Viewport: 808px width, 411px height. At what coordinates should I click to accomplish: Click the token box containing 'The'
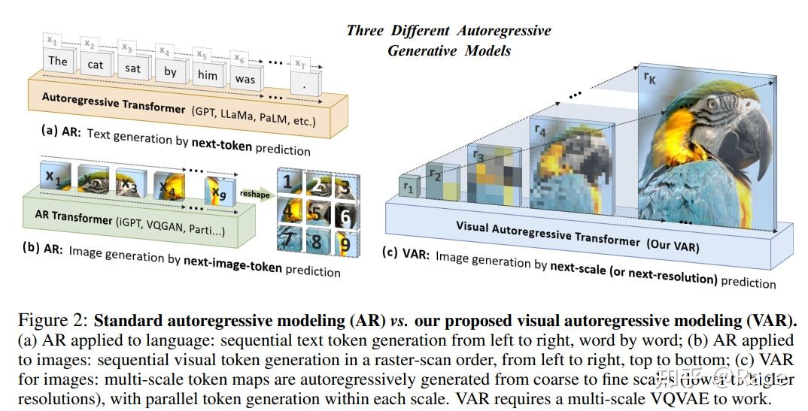pyautogui.click(x=58, y=61)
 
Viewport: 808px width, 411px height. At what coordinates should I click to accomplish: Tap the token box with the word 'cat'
pyautogui.click(x=96, y=65)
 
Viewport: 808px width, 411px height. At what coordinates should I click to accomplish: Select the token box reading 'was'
pyautogui.click(x=245, y=78)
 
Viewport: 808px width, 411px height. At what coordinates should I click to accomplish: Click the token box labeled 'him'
pyautogui.click(x=207, y=74)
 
